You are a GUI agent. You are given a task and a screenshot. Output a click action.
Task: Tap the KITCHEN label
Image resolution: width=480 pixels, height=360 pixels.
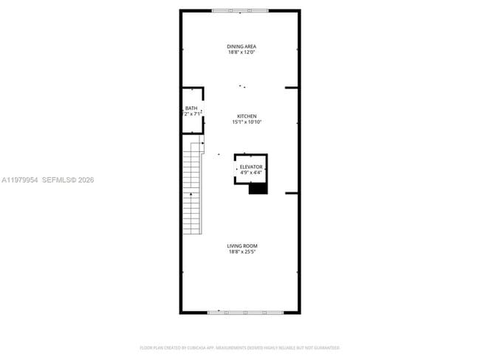pos(246,116)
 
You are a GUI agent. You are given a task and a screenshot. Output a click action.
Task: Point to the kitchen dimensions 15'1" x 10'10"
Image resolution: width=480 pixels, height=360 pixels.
pos(246,122)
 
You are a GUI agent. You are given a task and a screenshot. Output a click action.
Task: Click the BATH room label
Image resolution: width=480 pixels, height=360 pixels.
pos(191,108)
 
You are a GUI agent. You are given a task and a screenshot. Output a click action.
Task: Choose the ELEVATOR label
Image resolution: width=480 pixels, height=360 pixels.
pos(251,167)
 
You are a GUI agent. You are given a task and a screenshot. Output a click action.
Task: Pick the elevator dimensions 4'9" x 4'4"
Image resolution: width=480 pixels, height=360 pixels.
pos(251,173)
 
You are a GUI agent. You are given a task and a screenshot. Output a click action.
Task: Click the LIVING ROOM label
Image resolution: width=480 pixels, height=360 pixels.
pos(242,246)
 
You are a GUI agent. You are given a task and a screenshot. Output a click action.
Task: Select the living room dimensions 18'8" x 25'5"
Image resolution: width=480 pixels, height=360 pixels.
pos(242,252)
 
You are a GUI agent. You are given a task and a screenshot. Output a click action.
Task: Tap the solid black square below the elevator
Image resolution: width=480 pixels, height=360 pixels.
pos(257,188)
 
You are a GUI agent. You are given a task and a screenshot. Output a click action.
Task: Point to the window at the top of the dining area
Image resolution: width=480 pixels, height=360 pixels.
pos(240,10)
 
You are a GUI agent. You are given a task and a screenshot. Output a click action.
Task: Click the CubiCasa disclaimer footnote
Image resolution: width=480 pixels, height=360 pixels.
pos(239,347)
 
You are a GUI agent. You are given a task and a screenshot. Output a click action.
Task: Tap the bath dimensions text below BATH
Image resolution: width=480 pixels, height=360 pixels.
pos(191,114)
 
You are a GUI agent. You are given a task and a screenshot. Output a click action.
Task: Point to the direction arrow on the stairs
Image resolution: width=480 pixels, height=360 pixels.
pos(191,193)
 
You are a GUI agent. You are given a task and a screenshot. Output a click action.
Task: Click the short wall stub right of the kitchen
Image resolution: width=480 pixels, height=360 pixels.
pos(292,87)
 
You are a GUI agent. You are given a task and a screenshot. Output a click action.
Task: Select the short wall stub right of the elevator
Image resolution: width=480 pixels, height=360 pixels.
pos(292,193)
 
